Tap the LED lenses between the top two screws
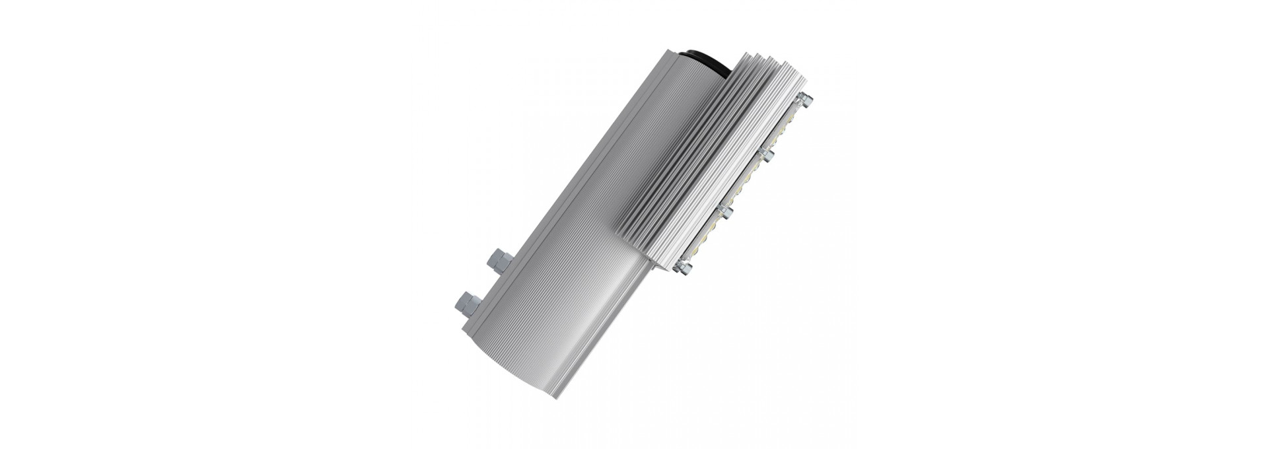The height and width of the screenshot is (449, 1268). (786, 129)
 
